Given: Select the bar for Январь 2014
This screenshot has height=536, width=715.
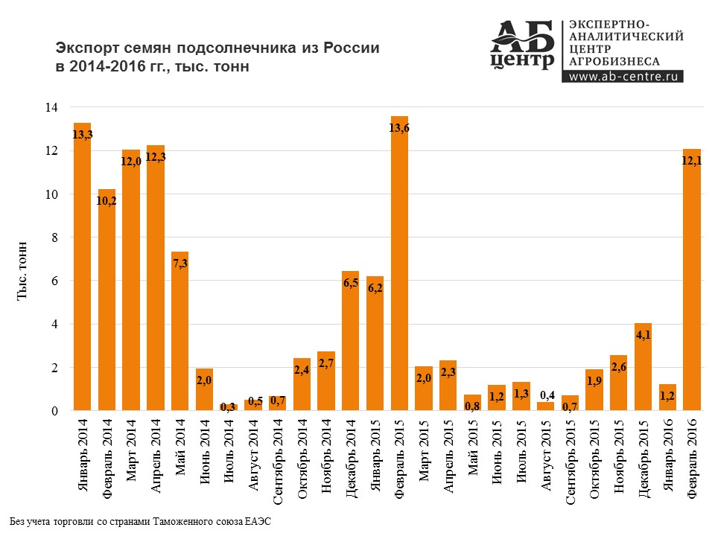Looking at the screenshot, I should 82,268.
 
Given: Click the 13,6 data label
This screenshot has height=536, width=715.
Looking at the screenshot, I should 400,128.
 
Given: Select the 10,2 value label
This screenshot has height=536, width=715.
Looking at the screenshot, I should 107,201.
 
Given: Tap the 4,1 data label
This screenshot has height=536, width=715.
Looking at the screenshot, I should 643,335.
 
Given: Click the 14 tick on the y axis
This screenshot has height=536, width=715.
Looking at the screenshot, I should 51,107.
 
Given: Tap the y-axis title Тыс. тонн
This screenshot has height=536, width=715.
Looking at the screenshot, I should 25,271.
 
